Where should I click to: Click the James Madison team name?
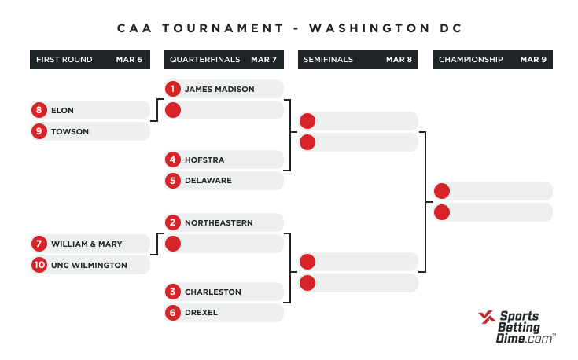tap(219, 89)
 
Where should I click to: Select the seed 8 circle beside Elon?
tap(39, 110)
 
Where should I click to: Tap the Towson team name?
tap(70, 131)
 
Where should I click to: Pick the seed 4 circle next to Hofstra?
tap(173, 160)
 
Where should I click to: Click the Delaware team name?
tap(208, 181)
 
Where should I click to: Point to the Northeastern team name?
tap(219, 223)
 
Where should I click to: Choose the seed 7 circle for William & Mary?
tap(39, 244)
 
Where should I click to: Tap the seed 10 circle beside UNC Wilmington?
tap(39, 265)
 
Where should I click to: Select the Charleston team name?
tap(212, 292)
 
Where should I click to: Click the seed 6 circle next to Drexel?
tap(173, 313)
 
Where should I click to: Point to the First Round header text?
tap(64, 60)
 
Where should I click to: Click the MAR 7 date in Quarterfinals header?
tap(263, 60)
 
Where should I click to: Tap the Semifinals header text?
tap(328, 60)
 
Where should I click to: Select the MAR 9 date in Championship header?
tap(533, 60)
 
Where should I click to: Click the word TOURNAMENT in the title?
tap(223, 28)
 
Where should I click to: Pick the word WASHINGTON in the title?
tap(370, 28)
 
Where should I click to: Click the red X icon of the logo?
tap(487, 318)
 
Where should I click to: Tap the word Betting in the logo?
tap(519, 327)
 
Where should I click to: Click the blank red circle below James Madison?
tap(173, 110)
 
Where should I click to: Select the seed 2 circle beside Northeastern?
tap(173, 222)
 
